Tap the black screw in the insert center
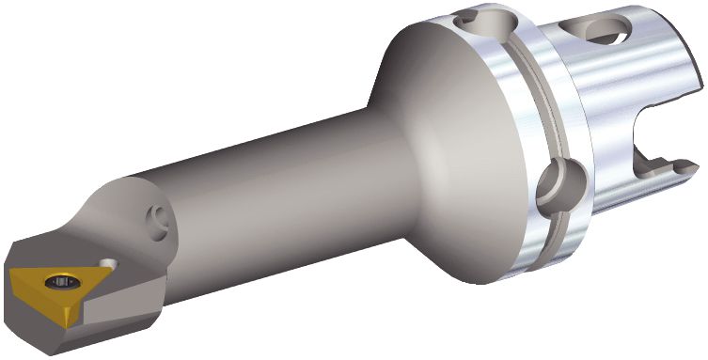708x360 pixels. (x=63, y=279)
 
